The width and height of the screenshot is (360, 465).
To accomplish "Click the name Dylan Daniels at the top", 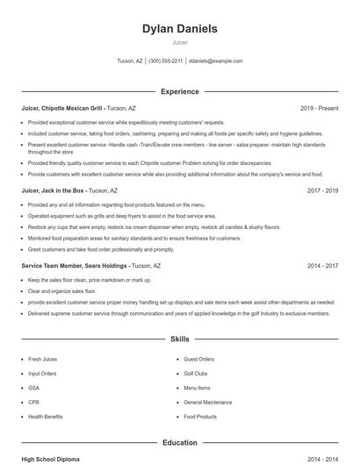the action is (180, 29).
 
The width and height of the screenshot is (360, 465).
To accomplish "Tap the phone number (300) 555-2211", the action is (166, 61).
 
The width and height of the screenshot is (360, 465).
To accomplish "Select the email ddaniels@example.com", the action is (216, 61).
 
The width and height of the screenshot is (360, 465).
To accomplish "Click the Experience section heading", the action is (180, 91).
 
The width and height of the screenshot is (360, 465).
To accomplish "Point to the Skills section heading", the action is (180, 339).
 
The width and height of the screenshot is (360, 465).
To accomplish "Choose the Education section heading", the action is (180, 443).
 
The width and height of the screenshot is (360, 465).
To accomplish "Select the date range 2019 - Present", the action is (319, 108).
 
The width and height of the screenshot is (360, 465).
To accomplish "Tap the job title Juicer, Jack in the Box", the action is (54, 190).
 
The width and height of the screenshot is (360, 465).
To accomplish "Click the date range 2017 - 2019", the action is (322, 190).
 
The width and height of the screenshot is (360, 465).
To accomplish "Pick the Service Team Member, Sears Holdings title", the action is (75, 265).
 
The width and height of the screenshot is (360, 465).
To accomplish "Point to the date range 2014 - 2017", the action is (322, 265).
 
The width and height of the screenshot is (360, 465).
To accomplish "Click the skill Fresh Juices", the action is (42, 359).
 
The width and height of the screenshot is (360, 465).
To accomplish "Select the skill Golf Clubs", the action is (196, 373).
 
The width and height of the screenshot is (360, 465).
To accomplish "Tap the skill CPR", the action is (33, 402).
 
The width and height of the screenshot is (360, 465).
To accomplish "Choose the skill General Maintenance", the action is (208, 402).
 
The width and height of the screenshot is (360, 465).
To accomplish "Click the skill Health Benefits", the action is (46, 417).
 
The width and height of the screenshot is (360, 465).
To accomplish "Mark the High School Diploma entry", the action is (52, 459).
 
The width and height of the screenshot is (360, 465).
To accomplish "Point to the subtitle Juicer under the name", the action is (180, 42).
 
